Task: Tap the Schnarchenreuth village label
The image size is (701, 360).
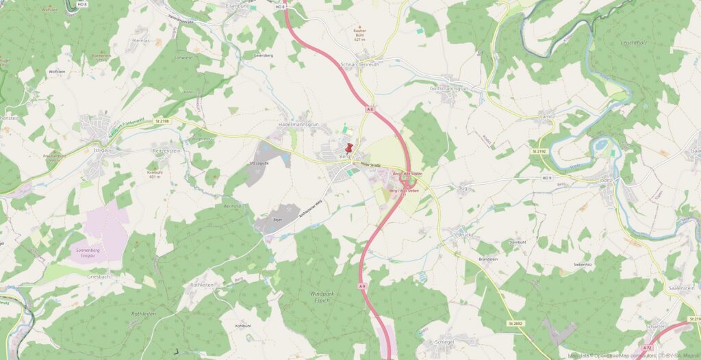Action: (359, 64)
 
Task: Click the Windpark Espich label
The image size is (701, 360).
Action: (315, 297)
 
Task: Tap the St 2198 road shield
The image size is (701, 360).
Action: (162, 120)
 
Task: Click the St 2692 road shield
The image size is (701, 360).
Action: (515, 323)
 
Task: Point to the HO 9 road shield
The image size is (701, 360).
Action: (546, 178)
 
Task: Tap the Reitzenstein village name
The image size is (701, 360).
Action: (166, 150)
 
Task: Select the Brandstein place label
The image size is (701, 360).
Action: (488, 259)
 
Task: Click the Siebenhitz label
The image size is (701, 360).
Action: (582, 263)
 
